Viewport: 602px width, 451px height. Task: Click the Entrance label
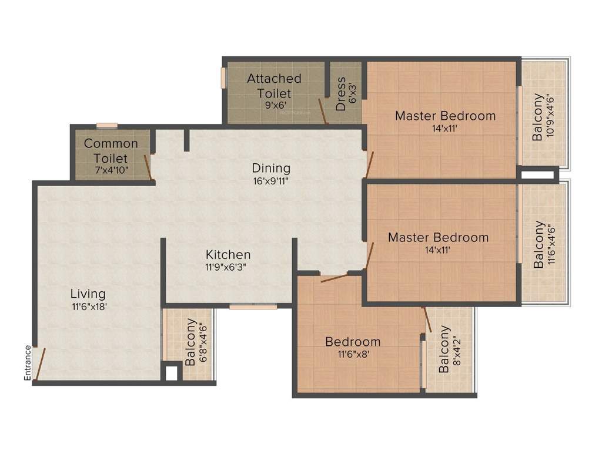click(28, 363)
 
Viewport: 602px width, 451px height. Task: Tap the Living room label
click(88, 294)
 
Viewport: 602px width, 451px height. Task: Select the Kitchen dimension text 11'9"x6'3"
click(228, 267)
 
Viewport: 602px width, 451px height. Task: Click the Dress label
click(341, 93)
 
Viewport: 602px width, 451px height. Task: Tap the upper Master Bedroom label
click(445, 116)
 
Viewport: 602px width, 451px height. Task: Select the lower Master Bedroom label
click(438, 238)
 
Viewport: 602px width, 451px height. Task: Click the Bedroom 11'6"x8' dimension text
click(353, 354)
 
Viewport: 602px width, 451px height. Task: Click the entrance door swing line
click(39, 364)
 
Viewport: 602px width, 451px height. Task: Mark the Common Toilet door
click(149, 167)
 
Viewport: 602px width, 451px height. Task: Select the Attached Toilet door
click(322, 112)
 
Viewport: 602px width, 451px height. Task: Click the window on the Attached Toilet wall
click(223, 78)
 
